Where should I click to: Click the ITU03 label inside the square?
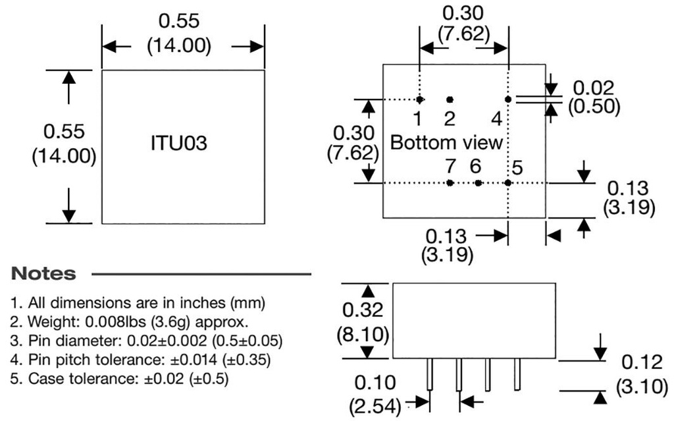(179, 144)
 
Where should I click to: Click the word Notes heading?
(43, 273)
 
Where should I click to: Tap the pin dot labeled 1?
(419, 99)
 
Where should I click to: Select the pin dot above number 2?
(450, 99)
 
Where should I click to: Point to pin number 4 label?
(497, 119)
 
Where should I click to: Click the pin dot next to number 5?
(508, 182)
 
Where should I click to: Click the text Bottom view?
(446, 142)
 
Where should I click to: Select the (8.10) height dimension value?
(364, 334)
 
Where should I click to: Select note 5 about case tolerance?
(120, 379)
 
